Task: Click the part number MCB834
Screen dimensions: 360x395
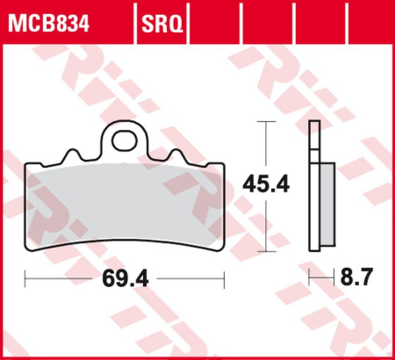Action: click(x=51, y=19)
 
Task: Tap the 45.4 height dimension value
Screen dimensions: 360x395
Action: click(x=266, y=185)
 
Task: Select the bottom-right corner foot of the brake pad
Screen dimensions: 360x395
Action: click(x=219, y=243)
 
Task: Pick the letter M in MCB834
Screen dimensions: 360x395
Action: click(x=17, y=19)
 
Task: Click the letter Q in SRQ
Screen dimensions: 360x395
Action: click(x=176, y=19)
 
